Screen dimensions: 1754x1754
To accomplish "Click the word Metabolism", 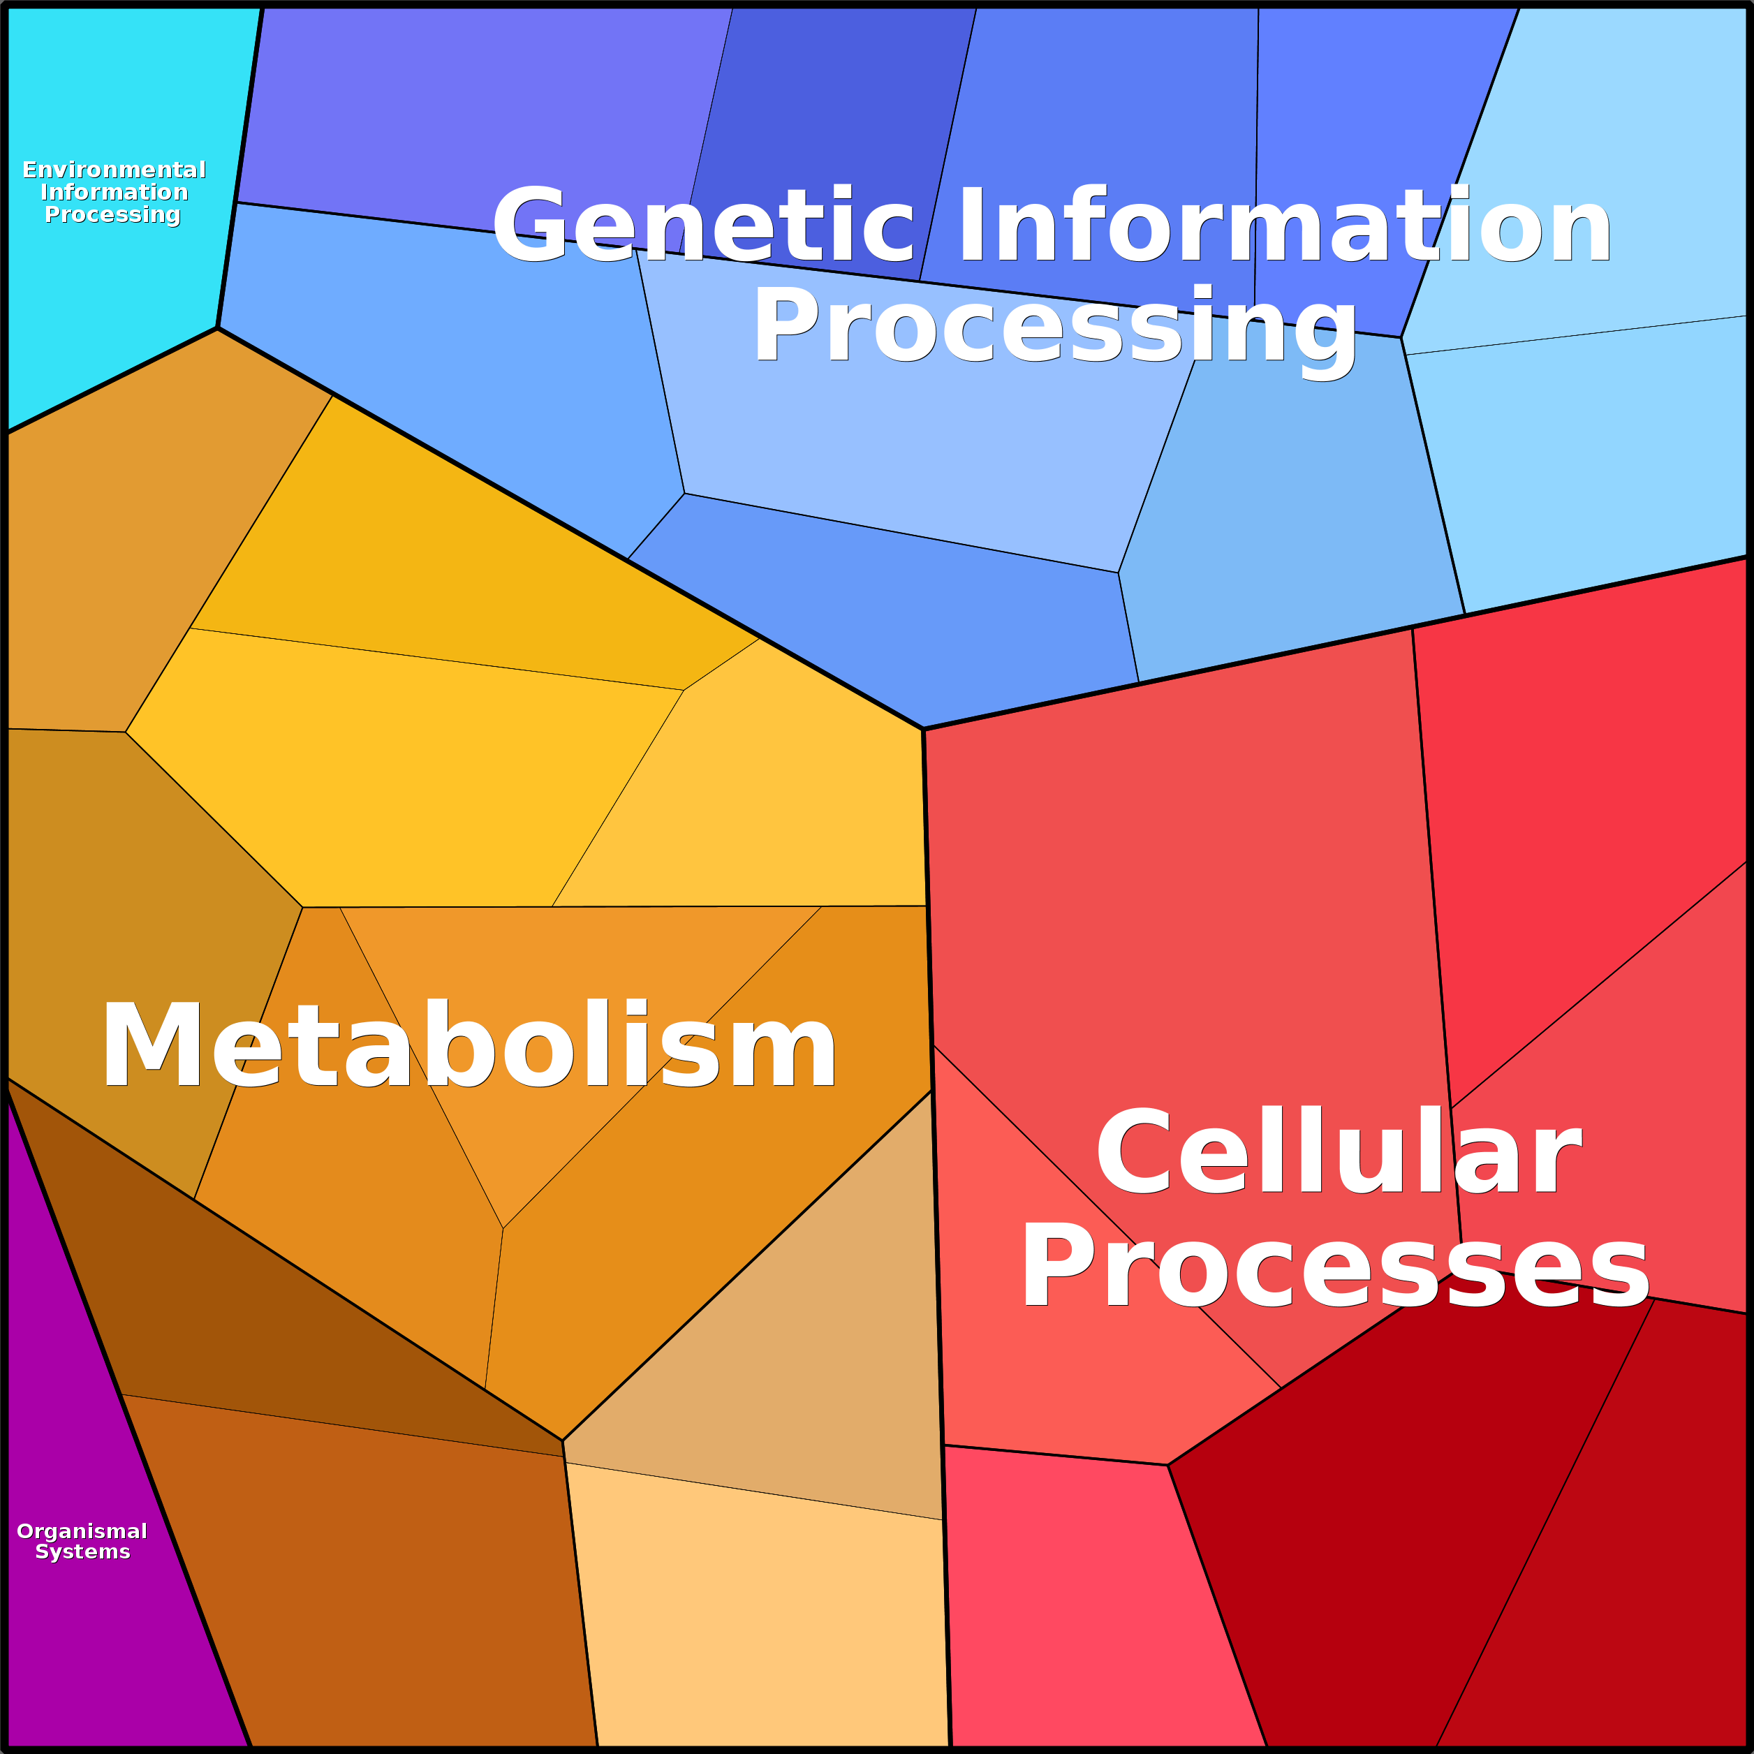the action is coord(469,1045).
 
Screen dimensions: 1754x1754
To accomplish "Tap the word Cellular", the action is coord(1339,1153).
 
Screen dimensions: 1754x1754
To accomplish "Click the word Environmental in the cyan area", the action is coord(115,170).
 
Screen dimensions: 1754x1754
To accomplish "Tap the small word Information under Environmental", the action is coord(115,193).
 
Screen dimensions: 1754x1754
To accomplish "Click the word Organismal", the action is coord(82,1531).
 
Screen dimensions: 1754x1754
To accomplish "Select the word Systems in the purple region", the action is coord(82,1552).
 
